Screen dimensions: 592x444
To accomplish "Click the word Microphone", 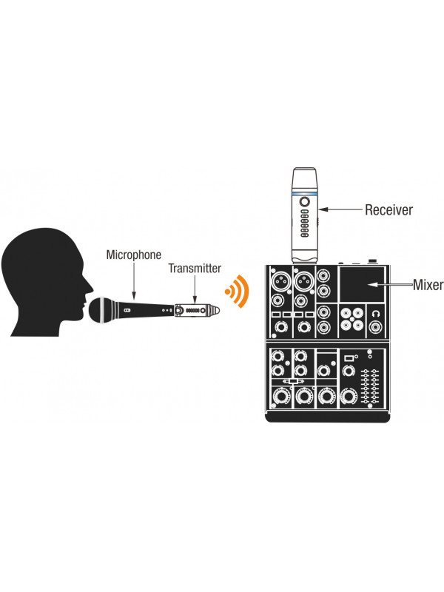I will pyautogui.click(x=133, y=255).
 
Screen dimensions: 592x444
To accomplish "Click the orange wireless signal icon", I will pyautogui.click(x=238, y=293).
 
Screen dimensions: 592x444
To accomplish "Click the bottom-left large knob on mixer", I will pyautogui.click(x=280, y=396).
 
